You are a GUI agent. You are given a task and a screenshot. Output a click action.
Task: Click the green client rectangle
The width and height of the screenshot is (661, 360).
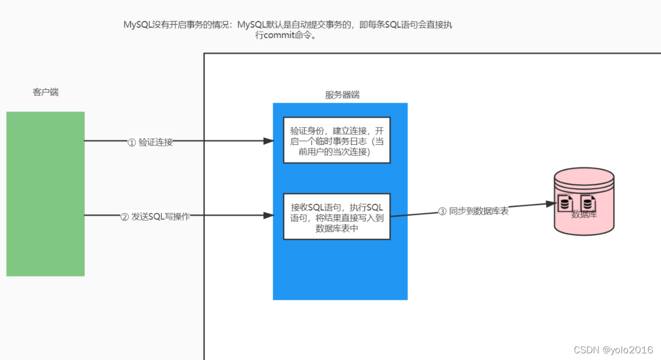point(45,194)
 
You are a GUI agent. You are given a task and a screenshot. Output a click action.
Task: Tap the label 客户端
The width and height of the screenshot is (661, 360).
point(46,92)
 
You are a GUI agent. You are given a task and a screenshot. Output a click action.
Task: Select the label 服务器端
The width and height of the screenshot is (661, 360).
point(342,95)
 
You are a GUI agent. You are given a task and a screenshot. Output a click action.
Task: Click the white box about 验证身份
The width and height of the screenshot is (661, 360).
point(337,140)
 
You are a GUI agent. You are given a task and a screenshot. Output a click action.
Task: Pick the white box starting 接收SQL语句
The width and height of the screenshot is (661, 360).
point(337,216)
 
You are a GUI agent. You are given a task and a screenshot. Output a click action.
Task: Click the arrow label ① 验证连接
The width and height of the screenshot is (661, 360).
point(150,142)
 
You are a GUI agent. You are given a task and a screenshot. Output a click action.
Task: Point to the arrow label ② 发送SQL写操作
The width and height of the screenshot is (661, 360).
point(155,217)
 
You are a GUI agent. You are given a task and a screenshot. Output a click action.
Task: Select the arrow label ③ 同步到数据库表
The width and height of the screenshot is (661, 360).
point(473,211)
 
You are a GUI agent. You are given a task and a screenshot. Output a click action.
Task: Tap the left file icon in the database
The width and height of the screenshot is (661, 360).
point(565,203)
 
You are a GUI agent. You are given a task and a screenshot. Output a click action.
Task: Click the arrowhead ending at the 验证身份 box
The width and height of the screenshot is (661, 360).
point(268,141)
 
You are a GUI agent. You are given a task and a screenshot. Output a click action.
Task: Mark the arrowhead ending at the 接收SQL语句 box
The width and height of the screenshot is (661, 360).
point(268,216)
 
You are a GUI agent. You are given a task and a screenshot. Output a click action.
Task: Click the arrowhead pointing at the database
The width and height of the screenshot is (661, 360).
point(552,204)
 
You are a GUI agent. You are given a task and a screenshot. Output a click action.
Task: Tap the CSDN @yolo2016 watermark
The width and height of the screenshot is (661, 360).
point(613,350)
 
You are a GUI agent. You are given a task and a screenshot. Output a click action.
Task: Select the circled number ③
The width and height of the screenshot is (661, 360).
point(442,212)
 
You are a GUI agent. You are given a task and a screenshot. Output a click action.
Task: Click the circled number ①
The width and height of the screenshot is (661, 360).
point(131,143)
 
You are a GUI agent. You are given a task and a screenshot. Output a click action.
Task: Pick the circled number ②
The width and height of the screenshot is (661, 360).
point(124,217)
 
